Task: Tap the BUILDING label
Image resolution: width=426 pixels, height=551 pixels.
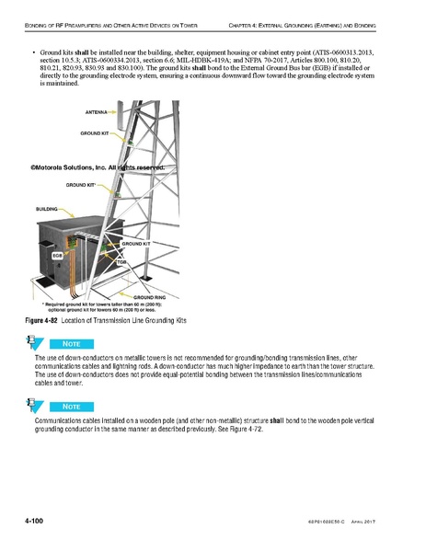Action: [48, 209]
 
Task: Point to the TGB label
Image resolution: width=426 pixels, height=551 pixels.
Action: [120, 261]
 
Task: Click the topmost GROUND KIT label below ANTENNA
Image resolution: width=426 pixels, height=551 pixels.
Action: [95, 134]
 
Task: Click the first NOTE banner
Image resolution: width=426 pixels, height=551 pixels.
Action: [75, 342]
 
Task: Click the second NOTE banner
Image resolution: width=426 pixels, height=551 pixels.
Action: [75, 406]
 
